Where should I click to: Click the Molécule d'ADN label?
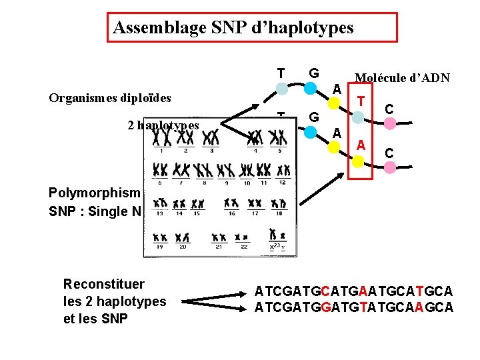(x=402, y=78)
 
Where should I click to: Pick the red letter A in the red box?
(x=361, y=145)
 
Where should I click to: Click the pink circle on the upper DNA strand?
(x=390, y=123)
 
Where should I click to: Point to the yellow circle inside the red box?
(x=359, y=161)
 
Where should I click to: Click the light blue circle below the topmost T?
(x=282, y=89)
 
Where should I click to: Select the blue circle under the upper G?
(x=311, y=88)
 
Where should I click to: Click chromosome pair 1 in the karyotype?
(x=161, y=139)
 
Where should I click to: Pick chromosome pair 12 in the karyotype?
(x=283, y=170)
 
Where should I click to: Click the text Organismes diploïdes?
(x=110, y=98)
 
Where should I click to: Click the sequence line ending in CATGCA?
(x=353, y=291)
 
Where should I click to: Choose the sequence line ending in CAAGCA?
(x=353, y=307)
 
